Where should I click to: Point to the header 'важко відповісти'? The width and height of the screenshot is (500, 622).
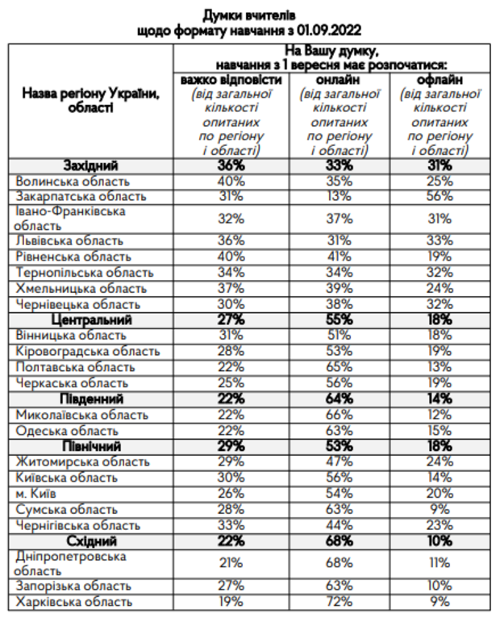[231, 81]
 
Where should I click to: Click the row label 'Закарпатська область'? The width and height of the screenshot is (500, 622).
[81, 196]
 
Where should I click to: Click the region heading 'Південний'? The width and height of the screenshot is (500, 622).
[91, 399]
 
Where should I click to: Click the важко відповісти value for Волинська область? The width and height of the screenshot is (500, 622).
[231, 181]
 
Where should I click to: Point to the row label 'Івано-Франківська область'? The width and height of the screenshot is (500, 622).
[70, 218]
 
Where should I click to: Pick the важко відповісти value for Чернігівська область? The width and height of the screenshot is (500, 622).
[231, 524]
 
